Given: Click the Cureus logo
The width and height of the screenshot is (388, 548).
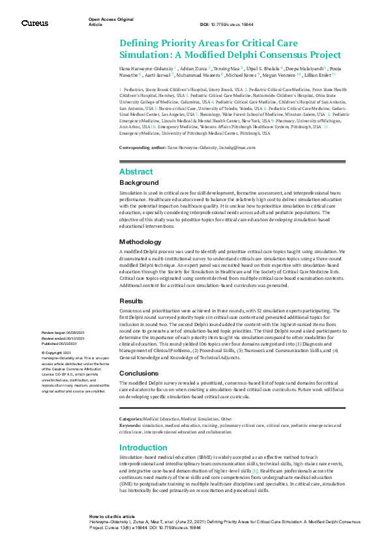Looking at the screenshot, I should tap(35, 23).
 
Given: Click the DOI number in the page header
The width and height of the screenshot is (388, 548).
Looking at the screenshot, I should tap(239, 24).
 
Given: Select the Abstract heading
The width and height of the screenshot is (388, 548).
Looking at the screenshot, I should tap(136, 171).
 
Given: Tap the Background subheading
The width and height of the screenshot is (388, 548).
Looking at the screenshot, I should tap(139, 184).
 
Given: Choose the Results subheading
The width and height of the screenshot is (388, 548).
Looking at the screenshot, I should tap(131, 301).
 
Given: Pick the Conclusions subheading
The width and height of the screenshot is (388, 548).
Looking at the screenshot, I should tap(140, 374).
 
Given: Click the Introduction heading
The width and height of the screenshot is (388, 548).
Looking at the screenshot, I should tap(143, 448).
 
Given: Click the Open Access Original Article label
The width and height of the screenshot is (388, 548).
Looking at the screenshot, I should tap(107, 22).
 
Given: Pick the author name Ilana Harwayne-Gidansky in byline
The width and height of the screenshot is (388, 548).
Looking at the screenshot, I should tap(146, 68).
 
